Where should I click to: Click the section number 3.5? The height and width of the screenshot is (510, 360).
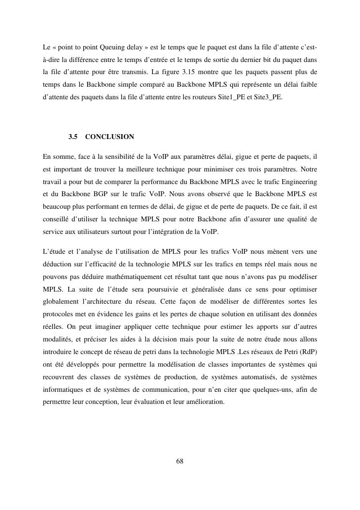pyautogui.click(x=73, y=137)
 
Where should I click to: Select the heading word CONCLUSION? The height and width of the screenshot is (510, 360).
pyautogui.click(x=109, y=137)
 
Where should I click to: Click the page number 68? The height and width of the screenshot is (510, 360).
pyautogui.click(x=180, y=461)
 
